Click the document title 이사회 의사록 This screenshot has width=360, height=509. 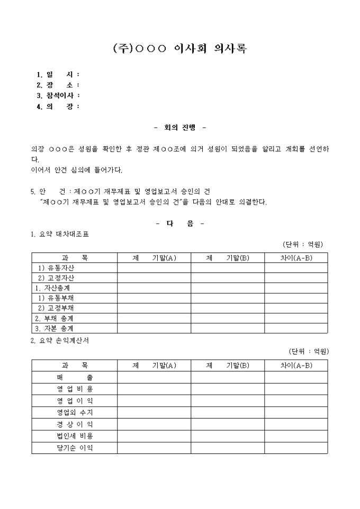[180, 49]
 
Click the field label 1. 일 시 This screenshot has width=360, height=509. [57, 75]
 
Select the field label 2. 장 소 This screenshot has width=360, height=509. [57, 85]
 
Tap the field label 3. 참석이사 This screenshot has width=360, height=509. [57, 96]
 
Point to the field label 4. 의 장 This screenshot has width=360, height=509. [57, 106]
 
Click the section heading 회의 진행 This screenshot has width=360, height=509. [180, 128]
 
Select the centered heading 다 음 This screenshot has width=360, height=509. [180, 223]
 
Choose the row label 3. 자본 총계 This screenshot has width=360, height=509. [55, 328]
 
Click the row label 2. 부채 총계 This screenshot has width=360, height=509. [55, 318]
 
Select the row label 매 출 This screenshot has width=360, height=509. [75, 377]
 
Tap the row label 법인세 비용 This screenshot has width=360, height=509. [75, 436]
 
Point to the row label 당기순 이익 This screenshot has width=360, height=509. [75, 448]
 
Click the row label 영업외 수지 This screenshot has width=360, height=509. [75, 412]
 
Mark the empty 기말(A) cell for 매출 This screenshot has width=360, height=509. [154, 377]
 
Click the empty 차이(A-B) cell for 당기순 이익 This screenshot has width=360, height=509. [296, 448]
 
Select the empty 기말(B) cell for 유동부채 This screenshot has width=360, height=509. [228, 298]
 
